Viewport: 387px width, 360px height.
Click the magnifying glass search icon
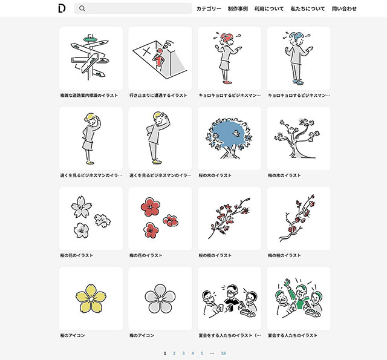pos(82,8)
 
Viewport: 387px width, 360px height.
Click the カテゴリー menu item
pos(209,8)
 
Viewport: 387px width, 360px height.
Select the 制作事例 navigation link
pos(238,8)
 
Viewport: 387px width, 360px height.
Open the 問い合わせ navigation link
pos(344,8)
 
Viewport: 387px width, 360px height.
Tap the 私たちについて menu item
pos(308,8)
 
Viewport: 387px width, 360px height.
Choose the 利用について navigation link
pos(269,8)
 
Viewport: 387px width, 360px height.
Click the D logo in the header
pos(62,8)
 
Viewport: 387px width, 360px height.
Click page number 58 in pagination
pos(223,353)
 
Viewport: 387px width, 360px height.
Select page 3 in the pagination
pos(183,353)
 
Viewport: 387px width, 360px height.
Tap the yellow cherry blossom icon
pos(91,298)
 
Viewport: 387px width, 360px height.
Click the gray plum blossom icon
pos(160,298)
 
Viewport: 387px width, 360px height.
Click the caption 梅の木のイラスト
pos(284,175)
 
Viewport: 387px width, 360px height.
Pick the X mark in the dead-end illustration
pos(147,51)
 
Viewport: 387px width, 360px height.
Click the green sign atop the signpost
pos(90,39)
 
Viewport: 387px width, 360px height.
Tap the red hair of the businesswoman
pos(227,38)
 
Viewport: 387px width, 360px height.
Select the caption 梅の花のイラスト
pos(146,255)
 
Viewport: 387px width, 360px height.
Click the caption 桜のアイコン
pos(73,335)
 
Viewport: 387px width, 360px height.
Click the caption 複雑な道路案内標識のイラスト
pos(89,96)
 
